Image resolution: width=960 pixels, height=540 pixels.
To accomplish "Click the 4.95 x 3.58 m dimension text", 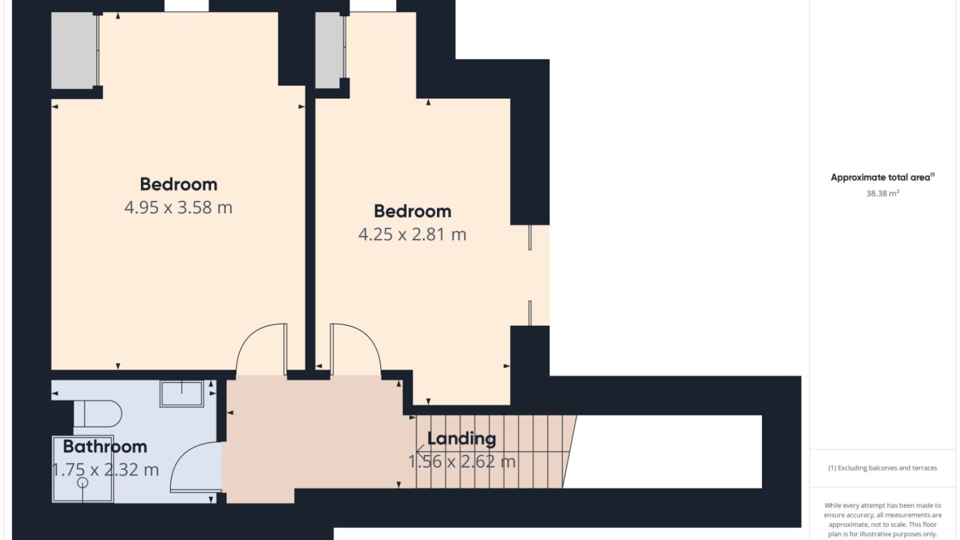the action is point(178,207).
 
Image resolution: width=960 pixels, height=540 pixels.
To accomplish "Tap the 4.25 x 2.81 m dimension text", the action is point(412,234).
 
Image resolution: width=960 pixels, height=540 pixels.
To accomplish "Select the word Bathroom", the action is point(105,446).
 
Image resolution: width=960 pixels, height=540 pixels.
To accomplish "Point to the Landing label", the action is point(461,438).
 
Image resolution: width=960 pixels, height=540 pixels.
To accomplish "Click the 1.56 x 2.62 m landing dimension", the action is point(461,461).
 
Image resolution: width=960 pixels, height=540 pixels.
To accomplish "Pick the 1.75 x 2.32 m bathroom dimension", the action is point(105,470).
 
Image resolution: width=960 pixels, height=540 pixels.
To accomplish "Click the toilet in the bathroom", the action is point(98,413).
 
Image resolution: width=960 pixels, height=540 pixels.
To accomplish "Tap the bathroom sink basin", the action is point(181,393).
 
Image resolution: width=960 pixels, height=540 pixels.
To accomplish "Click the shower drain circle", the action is point(83,482).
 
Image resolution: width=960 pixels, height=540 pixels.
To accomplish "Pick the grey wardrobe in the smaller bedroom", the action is point(328,50).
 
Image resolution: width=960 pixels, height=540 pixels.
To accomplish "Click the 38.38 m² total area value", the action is point(882,193).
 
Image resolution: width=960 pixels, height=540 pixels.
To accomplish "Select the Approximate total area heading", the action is point(882,177).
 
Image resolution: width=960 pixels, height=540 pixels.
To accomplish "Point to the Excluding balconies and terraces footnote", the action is point(882,468).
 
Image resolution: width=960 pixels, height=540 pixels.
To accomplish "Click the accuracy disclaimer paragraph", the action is point(882,520).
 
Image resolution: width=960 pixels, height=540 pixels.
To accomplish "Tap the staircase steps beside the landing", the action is point(492,451).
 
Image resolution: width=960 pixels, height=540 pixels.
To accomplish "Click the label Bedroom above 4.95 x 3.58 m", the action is point(178,184).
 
